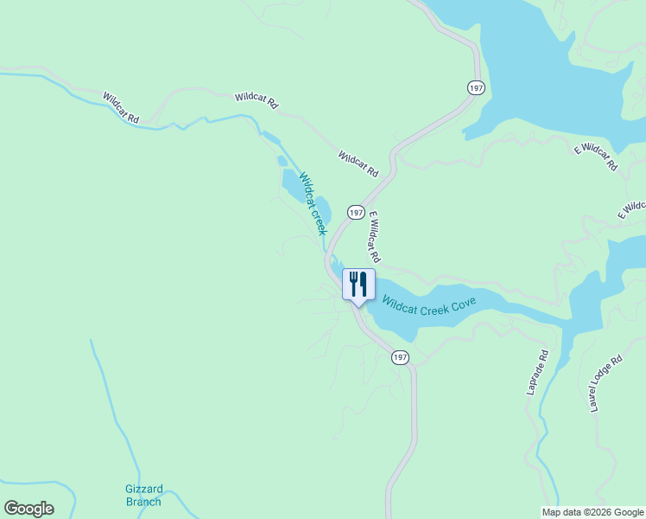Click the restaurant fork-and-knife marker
click(358, 285)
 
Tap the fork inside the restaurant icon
click(353, 283)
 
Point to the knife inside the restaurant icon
click(364, 283)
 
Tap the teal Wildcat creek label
click(313, 204)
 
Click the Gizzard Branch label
click(142, 495)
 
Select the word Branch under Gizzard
click(142, 502)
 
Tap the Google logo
click(28, 509)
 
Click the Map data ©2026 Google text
click(593, 512)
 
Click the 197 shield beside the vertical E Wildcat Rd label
click(356, 212)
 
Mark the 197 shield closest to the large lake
click(477, 87)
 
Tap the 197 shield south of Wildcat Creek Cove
click(399, 357)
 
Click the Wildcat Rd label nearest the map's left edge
click(121, 108)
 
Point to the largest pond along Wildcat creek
click(293, 184)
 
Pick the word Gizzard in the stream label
click(142, 489)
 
